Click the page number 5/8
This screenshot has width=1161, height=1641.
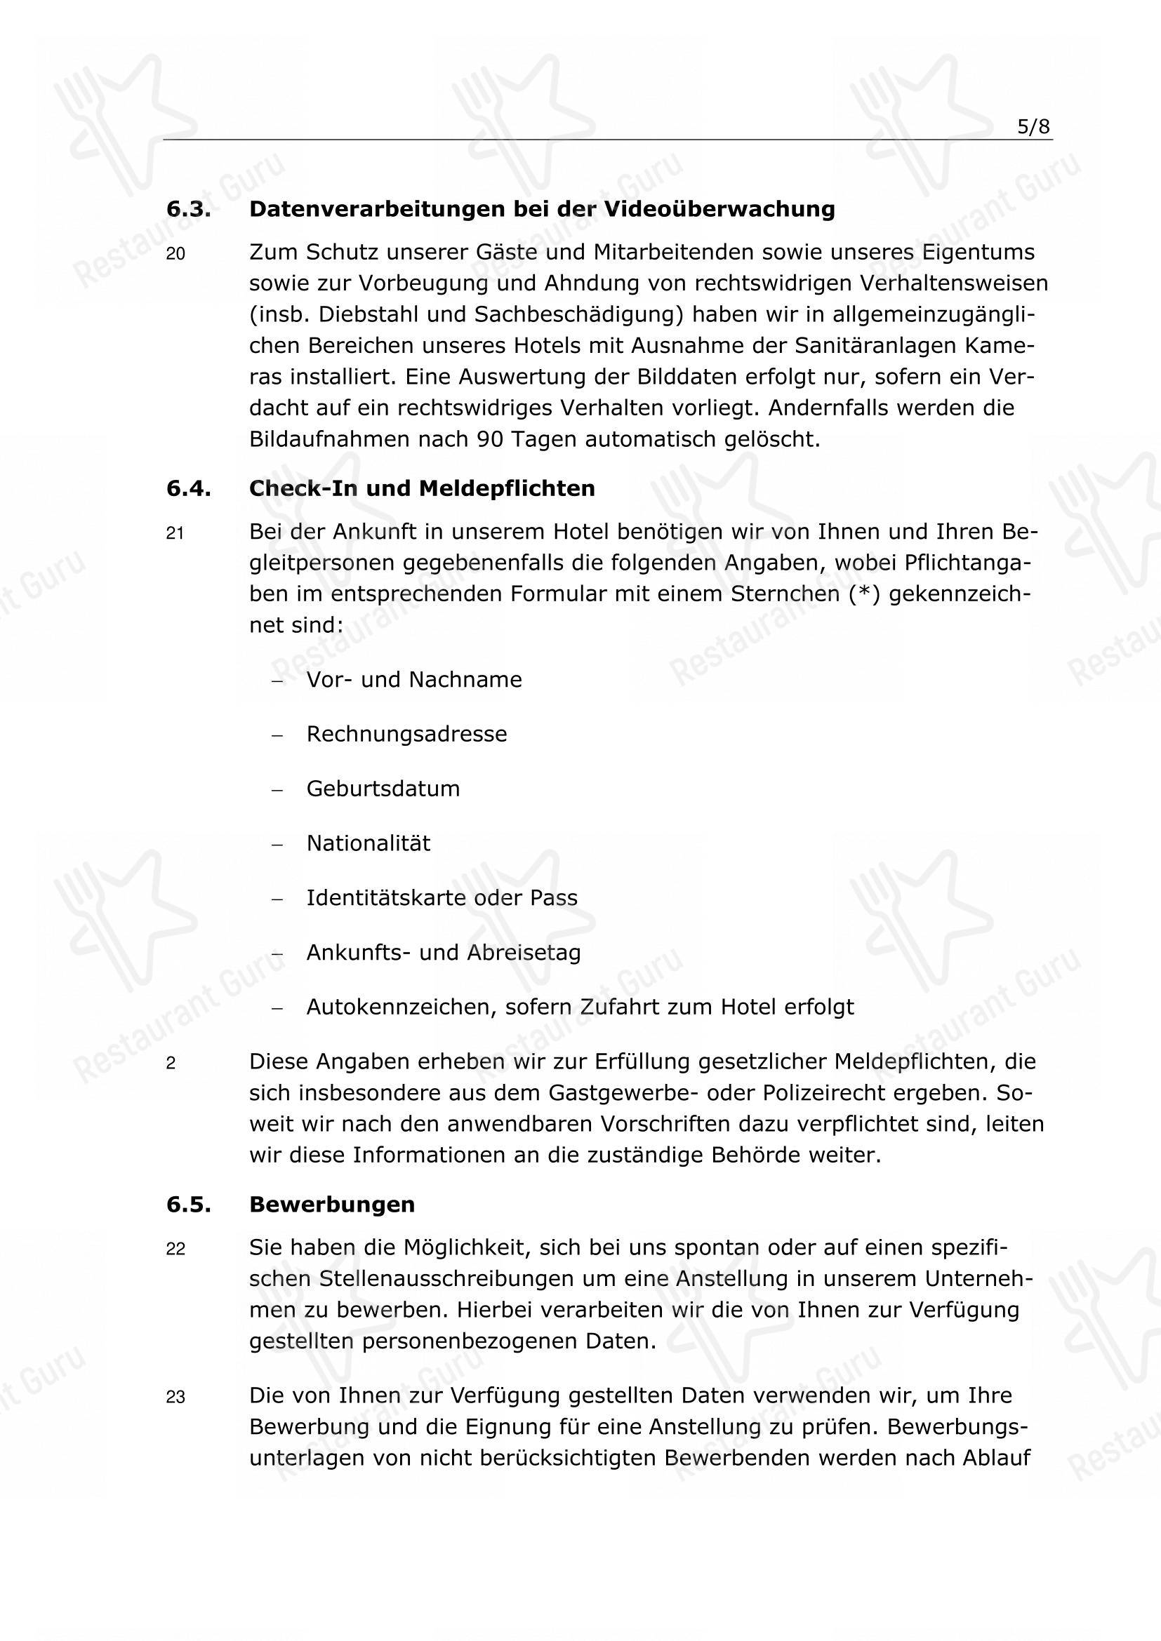click(1034, 127)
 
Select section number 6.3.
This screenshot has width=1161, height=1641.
click(188, 209)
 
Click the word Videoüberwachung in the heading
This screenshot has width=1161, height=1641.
click(720, 209)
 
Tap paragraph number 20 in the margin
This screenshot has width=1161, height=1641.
click(175, 254)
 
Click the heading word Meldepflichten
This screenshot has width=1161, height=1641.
click(507, 488)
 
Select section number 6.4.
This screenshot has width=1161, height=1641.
click(188, 489)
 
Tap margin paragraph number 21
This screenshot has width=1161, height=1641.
click(175, 533)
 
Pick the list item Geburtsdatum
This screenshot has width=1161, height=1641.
click(383, 789)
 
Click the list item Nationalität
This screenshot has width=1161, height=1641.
click(369, 843)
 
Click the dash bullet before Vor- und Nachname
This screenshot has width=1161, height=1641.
click(278, 681)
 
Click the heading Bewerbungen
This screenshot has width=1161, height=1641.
click(332, 1205)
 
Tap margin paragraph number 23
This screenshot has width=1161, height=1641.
click(175, 1398)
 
